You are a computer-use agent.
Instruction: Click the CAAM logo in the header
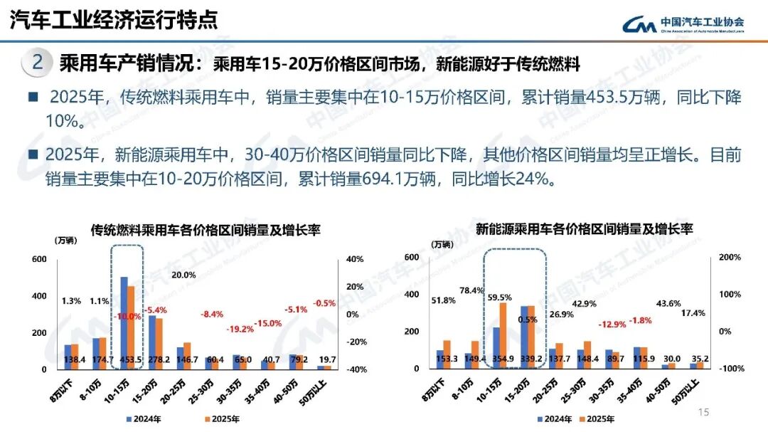(x=683, y=23)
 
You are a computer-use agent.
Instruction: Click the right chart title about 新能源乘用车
(x=584, y=229)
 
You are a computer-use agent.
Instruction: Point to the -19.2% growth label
(x=239, y=329)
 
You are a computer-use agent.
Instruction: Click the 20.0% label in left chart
(x=183, y=275)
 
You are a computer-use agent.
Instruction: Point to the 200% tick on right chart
(x=729, y=257)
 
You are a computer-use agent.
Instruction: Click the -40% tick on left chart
(x=356, y=369)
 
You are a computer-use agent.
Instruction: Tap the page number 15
(x=704, y=412)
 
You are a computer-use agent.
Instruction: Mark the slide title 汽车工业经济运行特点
(x=114, y=20)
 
